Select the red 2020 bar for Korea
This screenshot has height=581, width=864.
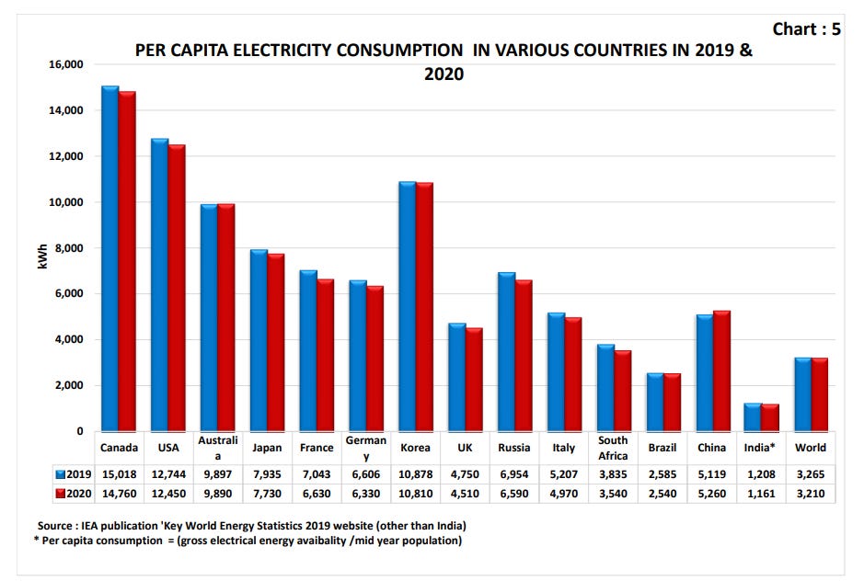tap(423, 307)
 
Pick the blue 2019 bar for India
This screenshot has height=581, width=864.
tap(752, 417)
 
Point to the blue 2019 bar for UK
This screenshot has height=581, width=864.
tap(455, 378)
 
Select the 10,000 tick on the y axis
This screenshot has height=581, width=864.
tap(65, 202)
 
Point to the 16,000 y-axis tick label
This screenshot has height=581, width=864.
tap(65, 65)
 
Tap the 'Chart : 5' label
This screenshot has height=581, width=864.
tap(806, 29)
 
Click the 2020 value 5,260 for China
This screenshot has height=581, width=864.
tap(712, 494)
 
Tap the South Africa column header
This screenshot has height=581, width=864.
tap(613, 448)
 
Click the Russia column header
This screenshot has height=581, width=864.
tap(514, 448)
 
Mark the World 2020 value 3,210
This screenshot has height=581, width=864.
tap(811, 494)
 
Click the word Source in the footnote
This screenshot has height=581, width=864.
tap(53, 525)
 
